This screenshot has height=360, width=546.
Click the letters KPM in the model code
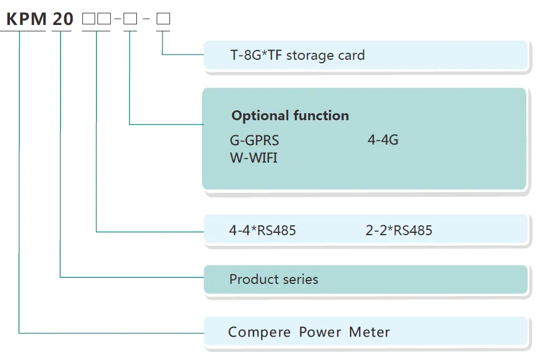click(26, 19)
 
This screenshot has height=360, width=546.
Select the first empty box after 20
click(89, 19)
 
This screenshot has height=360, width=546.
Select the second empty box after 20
click(104, 19)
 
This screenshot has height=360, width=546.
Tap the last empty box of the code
click(163, 19)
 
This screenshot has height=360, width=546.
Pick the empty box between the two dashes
click(130, 19)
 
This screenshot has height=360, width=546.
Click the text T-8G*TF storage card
click(297, 56)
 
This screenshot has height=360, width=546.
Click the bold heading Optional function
click(290, 116)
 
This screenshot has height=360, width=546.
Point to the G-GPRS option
click(254, 140)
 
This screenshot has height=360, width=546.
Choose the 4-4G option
click(383, 140)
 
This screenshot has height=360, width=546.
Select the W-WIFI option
click(254, 157)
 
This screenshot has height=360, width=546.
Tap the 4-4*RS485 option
click(262, 231)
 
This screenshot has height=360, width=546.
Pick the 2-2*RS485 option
click(399, 231)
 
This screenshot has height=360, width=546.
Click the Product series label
click(273, 279)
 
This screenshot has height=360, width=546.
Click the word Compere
click(259, 333)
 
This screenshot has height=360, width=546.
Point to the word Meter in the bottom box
click(370, 333)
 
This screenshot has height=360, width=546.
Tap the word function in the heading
click(321, 116)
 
